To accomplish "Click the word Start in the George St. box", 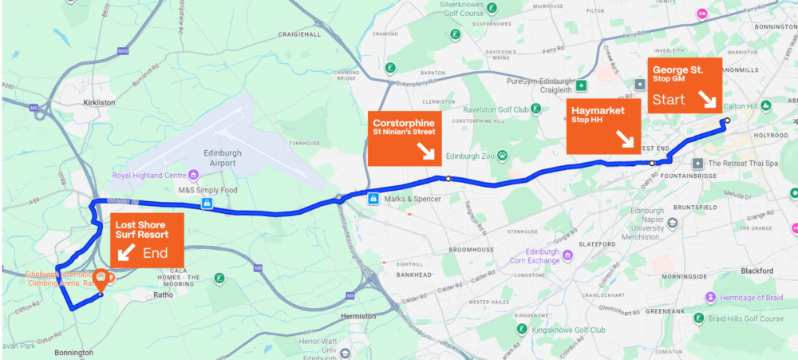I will coord(669,101).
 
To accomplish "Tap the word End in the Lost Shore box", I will coord(155,253).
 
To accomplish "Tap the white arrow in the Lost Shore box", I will coord(126,252).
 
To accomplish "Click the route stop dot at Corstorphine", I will coord(448,179).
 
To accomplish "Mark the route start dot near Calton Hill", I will coord(727,121).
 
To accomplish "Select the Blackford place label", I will coord(757,271).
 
